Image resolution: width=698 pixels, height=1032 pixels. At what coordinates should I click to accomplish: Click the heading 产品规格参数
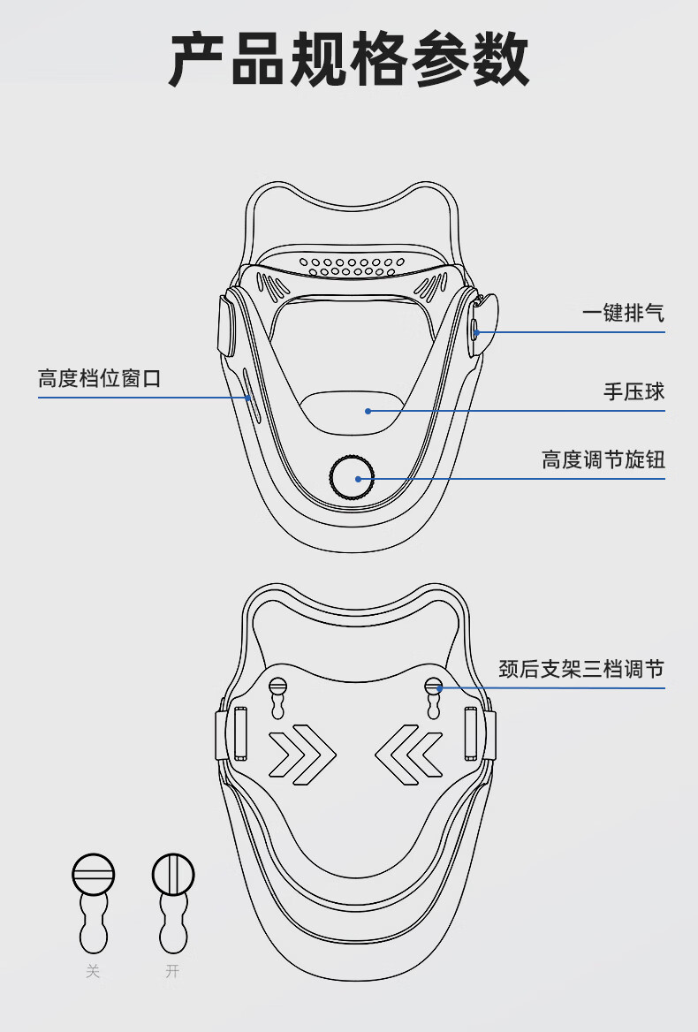coord(349,59)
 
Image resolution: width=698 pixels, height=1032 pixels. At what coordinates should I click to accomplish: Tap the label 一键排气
coord(623,314)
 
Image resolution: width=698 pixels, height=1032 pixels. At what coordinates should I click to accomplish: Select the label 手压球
coord(634,391)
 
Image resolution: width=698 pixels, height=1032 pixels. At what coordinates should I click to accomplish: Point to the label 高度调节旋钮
coord(603,460)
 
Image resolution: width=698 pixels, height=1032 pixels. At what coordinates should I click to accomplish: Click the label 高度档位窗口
coord(100,379)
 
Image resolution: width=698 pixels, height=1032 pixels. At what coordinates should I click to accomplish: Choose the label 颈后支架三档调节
coord(580,669)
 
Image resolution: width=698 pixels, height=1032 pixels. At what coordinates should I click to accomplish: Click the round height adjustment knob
coord(353,478)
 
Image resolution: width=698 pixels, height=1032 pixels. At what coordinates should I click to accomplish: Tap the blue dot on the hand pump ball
coord(368,411)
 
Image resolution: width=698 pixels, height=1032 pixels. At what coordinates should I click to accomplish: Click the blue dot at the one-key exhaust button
coord(476,332)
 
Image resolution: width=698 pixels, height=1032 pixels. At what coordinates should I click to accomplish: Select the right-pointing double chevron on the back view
coord(301,755)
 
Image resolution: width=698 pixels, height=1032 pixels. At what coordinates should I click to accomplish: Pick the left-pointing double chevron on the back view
coord(408,755)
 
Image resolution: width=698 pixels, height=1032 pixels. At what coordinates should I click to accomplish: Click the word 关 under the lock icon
coord(93,972)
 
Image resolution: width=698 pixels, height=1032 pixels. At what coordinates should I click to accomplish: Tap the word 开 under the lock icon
coord(172,972)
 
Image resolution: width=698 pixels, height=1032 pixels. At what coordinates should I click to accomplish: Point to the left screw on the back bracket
coord(278,686)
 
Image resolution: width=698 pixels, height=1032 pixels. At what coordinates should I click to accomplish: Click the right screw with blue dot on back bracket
coord(433,686)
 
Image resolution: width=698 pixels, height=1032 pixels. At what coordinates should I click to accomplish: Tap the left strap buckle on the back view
coord(237,733)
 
